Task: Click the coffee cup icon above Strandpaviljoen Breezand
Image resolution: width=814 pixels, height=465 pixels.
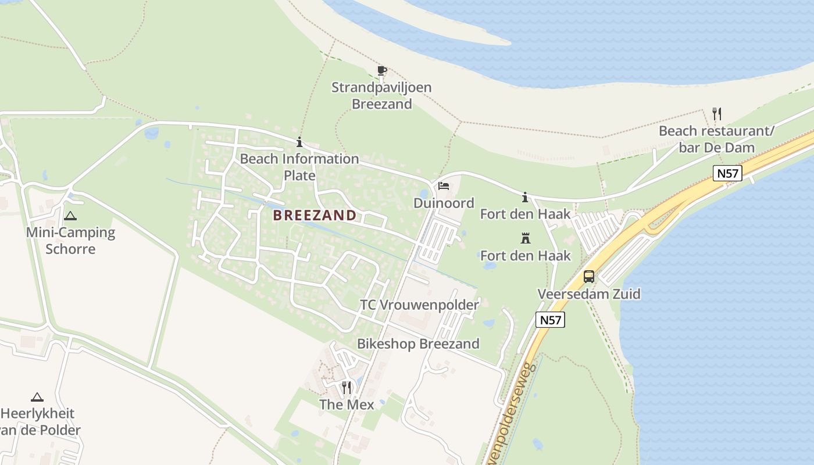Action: tap(381, 71)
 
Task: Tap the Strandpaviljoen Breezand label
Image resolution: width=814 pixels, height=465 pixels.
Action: tap(381, 96)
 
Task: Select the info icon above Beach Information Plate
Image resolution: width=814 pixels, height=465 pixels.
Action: tap(299, 142)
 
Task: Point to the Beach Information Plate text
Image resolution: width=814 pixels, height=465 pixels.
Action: tap(299, 167)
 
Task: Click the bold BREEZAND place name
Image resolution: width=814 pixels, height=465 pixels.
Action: tap(315, 216)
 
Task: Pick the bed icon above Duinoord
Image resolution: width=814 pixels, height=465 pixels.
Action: tap(444, 186)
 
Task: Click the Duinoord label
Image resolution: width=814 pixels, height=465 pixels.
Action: tap(444, 203)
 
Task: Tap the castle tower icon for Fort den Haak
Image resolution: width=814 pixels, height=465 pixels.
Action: tap(526, 238)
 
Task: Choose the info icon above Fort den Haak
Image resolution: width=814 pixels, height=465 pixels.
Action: tap(525, 198)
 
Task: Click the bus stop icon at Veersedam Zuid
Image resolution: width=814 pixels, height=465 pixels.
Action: tap(589, 277)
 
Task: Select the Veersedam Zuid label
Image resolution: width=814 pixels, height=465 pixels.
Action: tap(589, 294)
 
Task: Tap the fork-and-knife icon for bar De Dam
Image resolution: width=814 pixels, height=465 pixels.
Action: tap(716, 114)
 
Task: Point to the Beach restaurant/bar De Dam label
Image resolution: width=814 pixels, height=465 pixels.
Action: tap(716, 139)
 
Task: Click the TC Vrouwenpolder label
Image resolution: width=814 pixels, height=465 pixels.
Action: tap(419, 305)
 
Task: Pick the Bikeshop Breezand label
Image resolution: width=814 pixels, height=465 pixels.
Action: tap(418, 344)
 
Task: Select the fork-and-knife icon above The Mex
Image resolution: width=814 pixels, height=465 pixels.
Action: tap(347, 387)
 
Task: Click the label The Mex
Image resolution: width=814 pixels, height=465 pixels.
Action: tap(347, 404)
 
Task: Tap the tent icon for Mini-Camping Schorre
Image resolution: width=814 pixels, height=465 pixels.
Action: tap(70, 216)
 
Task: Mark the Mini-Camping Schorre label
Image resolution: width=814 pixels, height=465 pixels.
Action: tap(70, 241)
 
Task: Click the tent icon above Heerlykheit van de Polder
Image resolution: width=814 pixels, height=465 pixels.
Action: tap(37, 398)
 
